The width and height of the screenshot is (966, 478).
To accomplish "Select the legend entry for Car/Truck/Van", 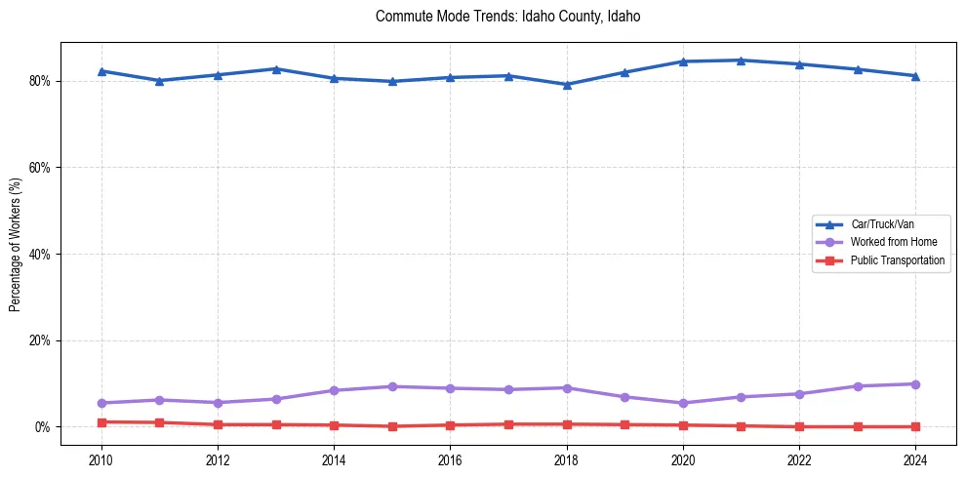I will (881, 224).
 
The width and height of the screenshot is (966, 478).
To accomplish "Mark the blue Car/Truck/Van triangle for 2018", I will (566, 84).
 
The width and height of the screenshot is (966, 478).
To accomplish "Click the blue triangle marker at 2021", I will (741, 60).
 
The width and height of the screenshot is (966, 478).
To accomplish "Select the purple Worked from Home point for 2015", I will (391, 386).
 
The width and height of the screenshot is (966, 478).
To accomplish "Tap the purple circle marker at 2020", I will (683, 403).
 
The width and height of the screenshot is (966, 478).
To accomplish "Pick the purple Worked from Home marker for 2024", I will (915, 384).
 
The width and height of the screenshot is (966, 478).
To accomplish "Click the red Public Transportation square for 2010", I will (101, 422).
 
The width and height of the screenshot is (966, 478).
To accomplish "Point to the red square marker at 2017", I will (508, 424).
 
